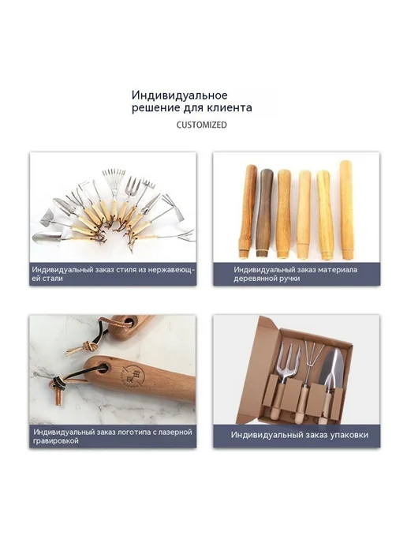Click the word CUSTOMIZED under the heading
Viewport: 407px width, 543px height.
coord(201,125)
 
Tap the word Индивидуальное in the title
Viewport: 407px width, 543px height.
coord(180,95)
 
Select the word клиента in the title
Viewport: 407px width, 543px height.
coord(229,107)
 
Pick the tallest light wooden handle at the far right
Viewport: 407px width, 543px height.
coord(346,209)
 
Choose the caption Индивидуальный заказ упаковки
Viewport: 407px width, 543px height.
coord(300,435)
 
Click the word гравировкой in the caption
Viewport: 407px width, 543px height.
coord(56,441)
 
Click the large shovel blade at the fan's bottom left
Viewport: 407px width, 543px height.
coord(47,238)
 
